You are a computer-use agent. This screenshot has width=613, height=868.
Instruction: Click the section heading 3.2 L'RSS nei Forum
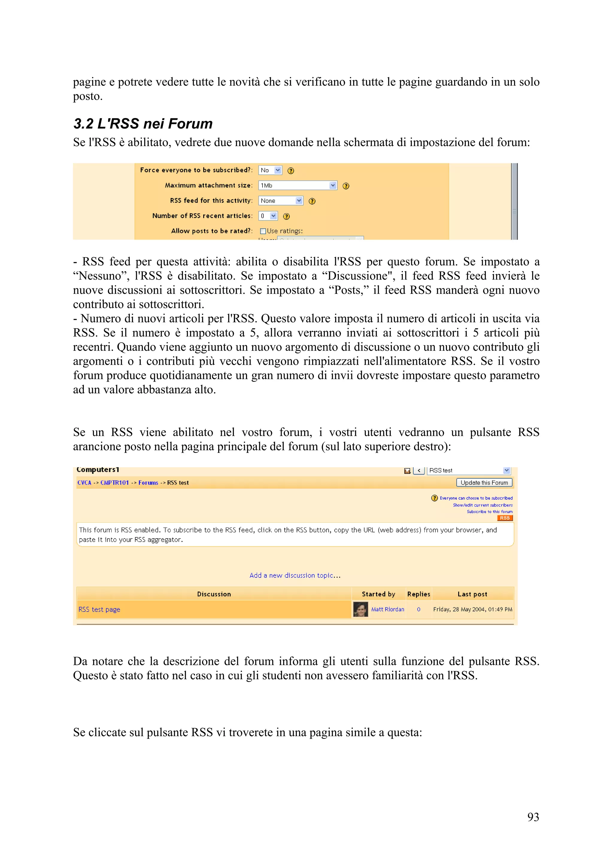coord(143,124)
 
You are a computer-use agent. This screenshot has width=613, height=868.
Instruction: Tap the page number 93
coord(533,817)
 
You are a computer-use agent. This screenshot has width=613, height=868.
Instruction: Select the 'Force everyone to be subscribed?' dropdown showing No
coord(270,170)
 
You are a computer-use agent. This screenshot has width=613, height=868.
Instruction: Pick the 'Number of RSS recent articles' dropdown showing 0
coord(268,216)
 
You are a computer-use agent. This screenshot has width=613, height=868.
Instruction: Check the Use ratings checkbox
coord(263,231)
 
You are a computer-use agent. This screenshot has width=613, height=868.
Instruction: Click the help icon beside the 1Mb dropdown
coord(346,186)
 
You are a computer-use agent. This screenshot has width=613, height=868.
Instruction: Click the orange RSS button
coord(505,518)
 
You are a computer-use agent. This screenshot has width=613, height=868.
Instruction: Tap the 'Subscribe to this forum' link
coord(489,512)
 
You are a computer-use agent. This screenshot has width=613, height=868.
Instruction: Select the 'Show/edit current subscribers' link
coord(483,505)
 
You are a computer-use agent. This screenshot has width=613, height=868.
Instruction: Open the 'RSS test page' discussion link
coord(99,610)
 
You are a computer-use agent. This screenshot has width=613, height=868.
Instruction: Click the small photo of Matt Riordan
coord(360,610)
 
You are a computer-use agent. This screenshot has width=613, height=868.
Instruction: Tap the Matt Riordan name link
coord(388,610)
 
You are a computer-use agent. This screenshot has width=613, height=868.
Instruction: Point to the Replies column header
coord(418,594)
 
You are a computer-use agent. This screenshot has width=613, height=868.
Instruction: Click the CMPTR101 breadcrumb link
coord(114,483)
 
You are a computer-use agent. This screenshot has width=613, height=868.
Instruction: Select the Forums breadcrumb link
coord(148,483)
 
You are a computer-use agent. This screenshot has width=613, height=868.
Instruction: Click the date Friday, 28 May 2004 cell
coord(473,610)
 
